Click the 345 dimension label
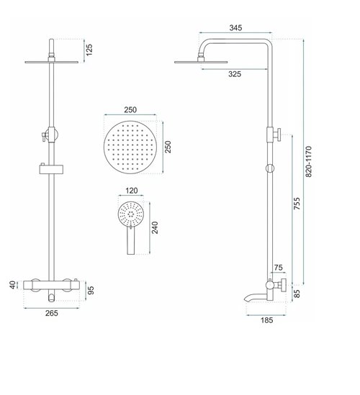pos(235,28)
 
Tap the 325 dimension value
pos(235,74)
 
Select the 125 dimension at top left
pos(89,50)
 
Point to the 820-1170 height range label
pos(309,161)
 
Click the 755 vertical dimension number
pos(297,204)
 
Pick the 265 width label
pos(52,313)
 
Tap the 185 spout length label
pos(266,320)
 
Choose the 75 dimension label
pos(279,268)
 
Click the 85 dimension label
pos(297,294)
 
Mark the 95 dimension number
pos(91,290)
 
